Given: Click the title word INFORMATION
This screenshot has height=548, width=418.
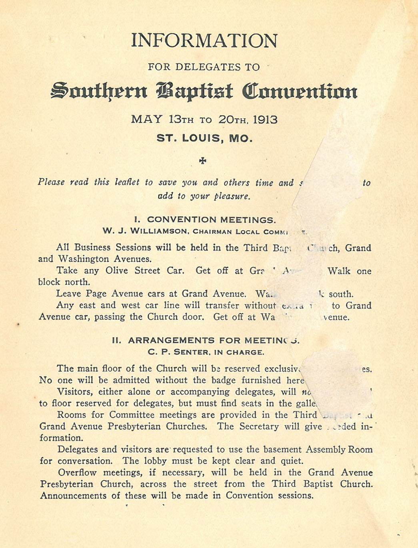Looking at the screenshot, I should click(204, 41).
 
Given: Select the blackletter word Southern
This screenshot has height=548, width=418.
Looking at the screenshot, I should click(99, 91).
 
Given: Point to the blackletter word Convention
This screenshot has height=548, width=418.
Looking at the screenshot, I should click(300, 91).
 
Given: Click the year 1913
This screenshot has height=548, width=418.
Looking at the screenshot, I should click(264, 120).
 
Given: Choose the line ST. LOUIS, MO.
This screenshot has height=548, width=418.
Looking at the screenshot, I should click(204, 139).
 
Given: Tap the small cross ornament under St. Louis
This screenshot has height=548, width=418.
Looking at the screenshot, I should click(203, 161).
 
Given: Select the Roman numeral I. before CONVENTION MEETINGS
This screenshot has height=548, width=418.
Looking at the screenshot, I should click(137, 219).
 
